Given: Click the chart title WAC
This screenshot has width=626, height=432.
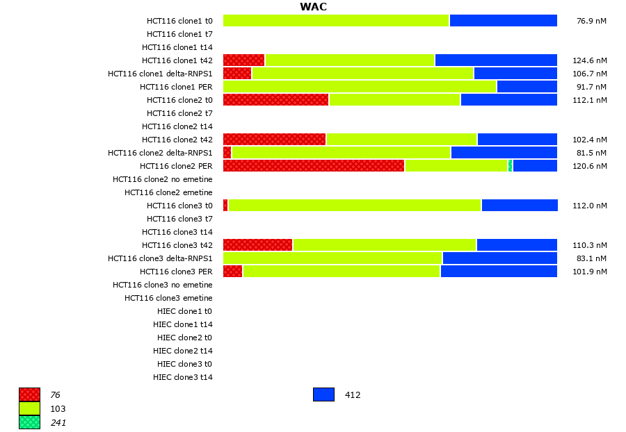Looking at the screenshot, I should coord(313,7).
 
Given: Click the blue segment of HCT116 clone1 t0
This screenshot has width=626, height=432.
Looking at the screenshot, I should coord(503,21).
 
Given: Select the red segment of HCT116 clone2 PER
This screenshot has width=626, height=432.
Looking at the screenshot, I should coord(314,166).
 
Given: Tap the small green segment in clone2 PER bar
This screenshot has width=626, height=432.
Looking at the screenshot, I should coord(511,166).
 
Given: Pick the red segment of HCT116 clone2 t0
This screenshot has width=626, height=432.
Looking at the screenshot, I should coord(275,100).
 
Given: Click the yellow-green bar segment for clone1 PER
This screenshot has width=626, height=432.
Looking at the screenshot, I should coord(360,87).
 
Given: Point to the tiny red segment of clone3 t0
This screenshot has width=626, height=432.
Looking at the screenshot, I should coord(225,206).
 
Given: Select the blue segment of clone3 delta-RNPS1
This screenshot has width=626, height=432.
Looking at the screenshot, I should coord(499,258).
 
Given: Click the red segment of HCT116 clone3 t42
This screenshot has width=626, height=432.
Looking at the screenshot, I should coord(257,245).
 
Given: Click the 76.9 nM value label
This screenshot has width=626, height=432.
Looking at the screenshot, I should coord(591,21).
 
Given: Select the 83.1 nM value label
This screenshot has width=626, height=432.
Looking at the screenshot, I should coord(591,258).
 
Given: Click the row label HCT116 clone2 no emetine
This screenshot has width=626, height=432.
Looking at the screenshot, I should coord(163,179).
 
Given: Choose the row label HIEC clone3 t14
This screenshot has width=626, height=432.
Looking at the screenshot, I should coord(183,377).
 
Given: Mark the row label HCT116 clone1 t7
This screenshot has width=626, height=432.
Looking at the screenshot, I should coord(179,34).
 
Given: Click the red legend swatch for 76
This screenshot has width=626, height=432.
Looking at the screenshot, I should coord(29,394).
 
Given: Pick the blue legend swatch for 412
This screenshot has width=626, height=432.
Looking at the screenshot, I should coord(323,394).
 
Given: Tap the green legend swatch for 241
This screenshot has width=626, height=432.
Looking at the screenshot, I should coord(29,422).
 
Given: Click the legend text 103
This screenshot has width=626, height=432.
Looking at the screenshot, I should coord(58,409).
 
